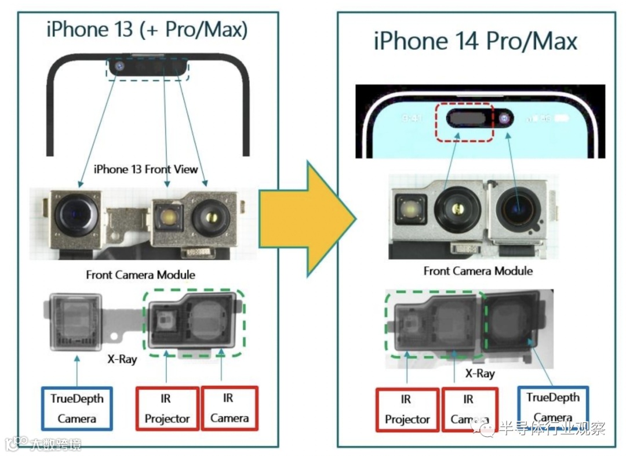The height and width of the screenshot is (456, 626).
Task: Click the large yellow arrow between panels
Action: coord(304,218)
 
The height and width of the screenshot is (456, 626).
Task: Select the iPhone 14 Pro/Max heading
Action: coord(475,41)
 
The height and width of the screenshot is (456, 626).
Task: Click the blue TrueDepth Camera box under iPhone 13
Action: coord(77,408)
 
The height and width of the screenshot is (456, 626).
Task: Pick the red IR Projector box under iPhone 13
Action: coord(168,408)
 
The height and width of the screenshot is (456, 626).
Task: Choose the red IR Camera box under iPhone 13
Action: coord(230,408)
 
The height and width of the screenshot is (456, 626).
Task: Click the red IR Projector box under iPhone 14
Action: coord(407,410)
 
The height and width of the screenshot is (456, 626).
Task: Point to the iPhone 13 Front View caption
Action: coord(145,169)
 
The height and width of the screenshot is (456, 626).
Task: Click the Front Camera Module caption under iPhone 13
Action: coord(140,274)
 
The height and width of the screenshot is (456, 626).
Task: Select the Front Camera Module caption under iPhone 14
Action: coord(478,271)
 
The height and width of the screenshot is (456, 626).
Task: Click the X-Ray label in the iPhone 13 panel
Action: coord(122,359)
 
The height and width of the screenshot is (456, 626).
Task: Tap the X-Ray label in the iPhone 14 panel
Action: coord(480,373)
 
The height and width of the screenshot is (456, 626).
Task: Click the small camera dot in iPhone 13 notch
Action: coord(119,67)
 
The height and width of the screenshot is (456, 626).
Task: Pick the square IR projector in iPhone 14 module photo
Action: coord(410,210)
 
